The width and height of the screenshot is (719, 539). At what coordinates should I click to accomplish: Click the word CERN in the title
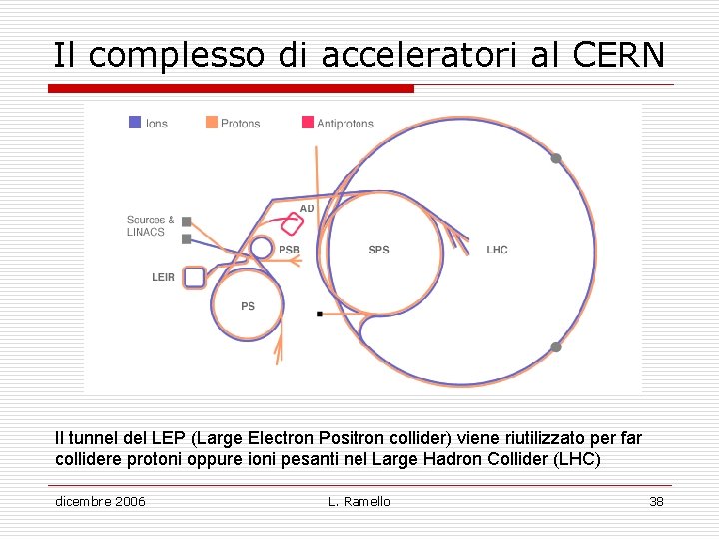619,55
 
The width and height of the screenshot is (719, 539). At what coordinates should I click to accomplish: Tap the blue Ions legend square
135,122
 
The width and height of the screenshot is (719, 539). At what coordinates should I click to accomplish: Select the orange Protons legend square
211,122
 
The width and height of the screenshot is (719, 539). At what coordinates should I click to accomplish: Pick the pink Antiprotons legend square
308,122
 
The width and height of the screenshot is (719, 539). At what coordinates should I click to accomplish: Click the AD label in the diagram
307,208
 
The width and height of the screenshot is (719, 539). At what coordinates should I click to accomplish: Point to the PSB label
289,250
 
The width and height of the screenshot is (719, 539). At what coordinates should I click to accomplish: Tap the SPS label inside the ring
379,250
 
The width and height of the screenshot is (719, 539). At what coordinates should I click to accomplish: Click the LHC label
497,250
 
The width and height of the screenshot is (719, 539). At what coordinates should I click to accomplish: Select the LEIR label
163,277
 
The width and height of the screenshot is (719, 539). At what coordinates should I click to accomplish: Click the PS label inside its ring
248,306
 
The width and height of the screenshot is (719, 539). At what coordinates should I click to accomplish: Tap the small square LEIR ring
195,276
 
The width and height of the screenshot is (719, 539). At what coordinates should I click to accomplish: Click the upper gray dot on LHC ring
556,158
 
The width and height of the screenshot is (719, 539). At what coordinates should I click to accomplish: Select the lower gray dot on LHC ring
556,347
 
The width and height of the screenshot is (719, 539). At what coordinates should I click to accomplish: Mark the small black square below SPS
319,314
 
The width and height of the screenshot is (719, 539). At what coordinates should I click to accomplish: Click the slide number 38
656,501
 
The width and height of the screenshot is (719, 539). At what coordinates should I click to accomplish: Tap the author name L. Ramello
359,501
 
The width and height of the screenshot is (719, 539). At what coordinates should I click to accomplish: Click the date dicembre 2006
100,501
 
